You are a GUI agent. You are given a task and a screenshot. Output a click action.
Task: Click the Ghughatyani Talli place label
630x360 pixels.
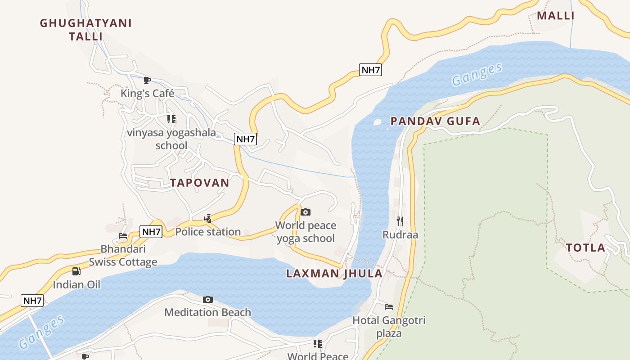point(86,30)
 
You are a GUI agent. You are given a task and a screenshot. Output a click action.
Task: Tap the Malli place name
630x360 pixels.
point(556,16)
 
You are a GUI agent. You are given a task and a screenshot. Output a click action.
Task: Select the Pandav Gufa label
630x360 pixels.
point(435,121)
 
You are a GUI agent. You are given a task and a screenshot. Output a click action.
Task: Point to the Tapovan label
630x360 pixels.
point(199,183)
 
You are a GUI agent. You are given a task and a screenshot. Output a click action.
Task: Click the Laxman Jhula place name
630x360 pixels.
point(334,274)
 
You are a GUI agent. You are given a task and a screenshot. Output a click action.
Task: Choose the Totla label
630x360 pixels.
point(585,247)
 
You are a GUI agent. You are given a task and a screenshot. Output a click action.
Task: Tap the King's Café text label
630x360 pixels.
point(147,94)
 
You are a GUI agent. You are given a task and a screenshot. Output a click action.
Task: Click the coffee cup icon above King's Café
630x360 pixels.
point(147,81)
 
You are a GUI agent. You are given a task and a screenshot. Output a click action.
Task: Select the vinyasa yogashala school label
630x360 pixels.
point(171,139)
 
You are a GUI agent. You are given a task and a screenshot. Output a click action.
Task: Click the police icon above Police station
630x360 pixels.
point(207,219)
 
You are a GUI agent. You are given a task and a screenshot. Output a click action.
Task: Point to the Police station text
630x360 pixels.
point(208,232)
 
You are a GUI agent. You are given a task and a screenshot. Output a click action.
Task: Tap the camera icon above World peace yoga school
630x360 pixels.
point(306,212)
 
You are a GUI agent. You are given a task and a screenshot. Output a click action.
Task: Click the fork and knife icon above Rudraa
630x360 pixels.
point(400,221)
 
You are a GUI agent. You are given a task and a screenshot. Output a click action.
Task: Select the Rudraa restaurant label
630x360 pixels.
point(400,235)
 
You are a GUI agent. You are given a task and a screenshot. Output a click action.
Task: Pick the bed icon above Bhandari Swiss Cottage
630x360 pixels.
point(123,235)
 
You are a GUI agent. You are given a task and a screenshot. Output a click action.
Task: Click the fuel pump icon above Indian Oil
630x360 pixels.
point(76,271)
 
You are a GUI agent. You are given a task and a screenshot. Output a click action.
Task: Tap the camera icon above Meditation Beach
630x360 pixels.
point(207,299)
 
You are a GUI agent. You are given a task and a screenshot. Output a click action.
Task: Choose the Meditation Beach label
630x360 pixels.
point(207,312)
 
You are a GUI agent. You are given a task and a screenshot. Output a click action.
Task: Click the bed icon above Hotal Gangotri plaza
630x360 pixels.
point(389,307)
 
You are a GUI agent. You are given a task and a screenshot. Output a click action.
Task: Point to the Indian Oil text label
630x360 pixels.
point(76,285)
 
